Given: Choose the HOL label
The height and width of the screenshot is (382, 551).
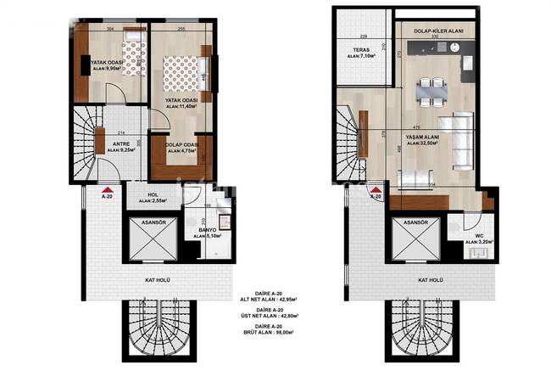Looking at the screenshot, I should (153, 194).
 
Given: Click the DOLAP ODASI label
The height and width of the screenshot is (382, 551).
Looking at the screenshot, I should (181, 144).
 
